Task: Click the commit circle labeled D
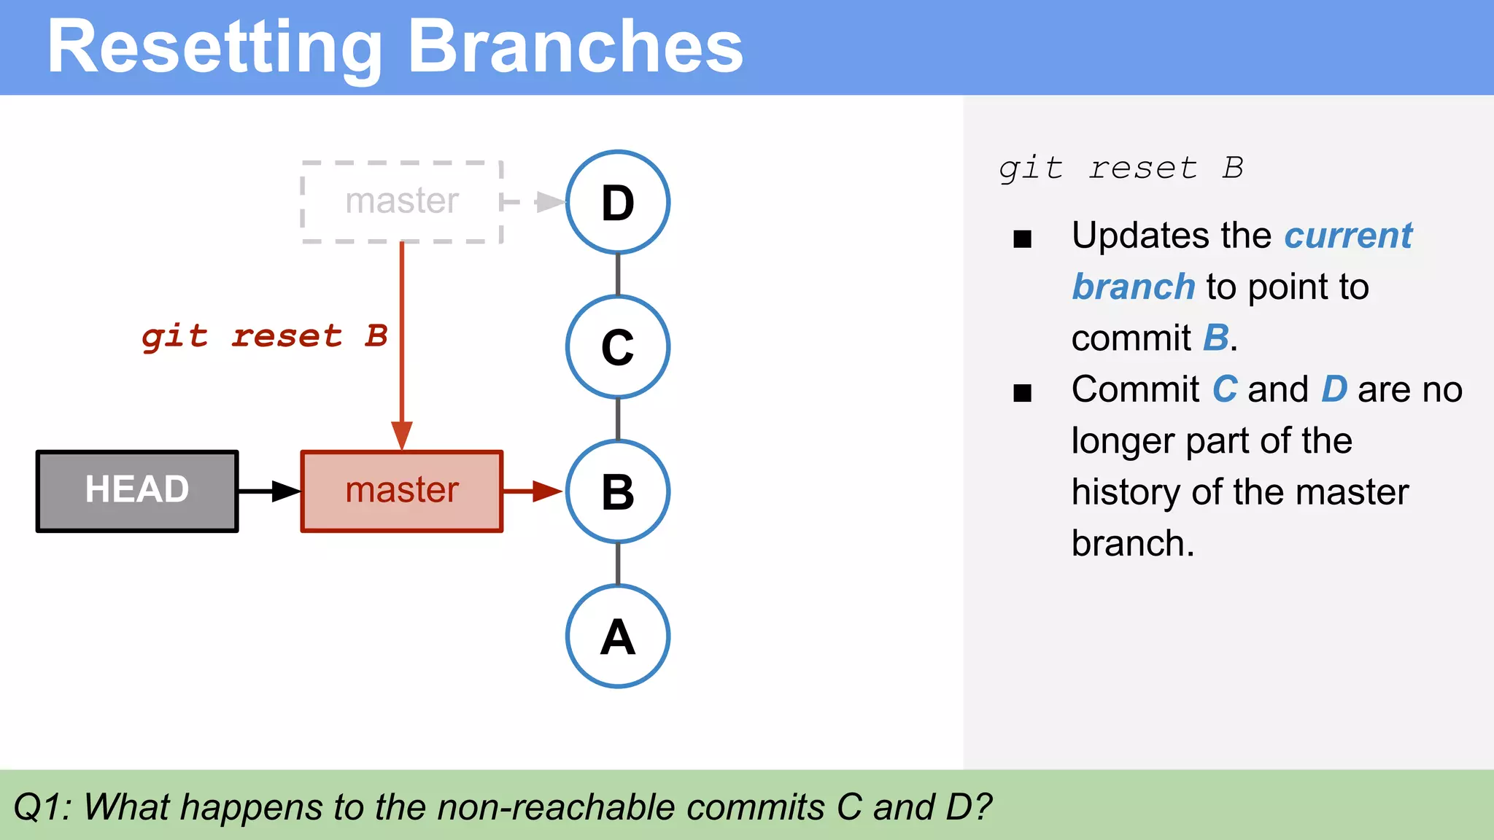point(618,202)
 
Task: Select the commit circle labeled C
point(618,347)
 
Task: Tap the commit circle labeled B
point(618,491)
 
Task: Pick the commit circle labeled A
point(618,636)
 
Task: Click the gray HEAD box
point(137,491)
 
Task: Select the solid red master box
point(402,491)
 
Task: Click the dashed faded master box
point(402,202)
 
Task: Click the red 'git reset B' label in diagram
point(264,336)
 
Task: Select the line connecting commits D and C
point(618,274)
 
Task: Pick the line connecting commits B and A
point(618,564)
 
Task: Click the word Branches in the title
point(575,47)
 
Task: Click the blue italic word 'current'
point(1347,236)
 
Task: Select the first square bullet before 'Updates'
point(1022,238)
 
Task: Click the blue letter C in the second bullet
point(1224,389)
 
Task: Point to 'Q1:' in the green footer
point(42,807)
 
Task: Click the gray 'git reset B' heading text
point(1120,168)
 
